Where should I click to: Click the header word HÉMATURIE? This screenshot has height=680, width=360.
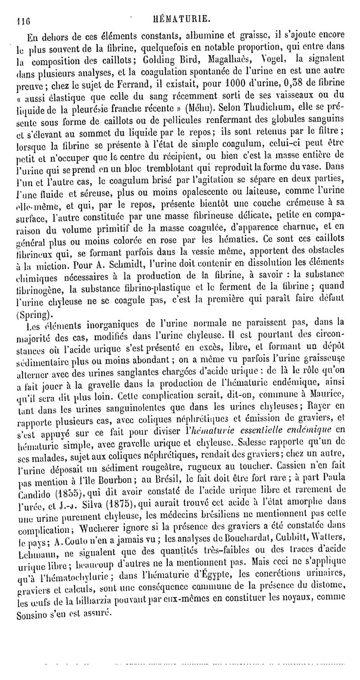[181, 18]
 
